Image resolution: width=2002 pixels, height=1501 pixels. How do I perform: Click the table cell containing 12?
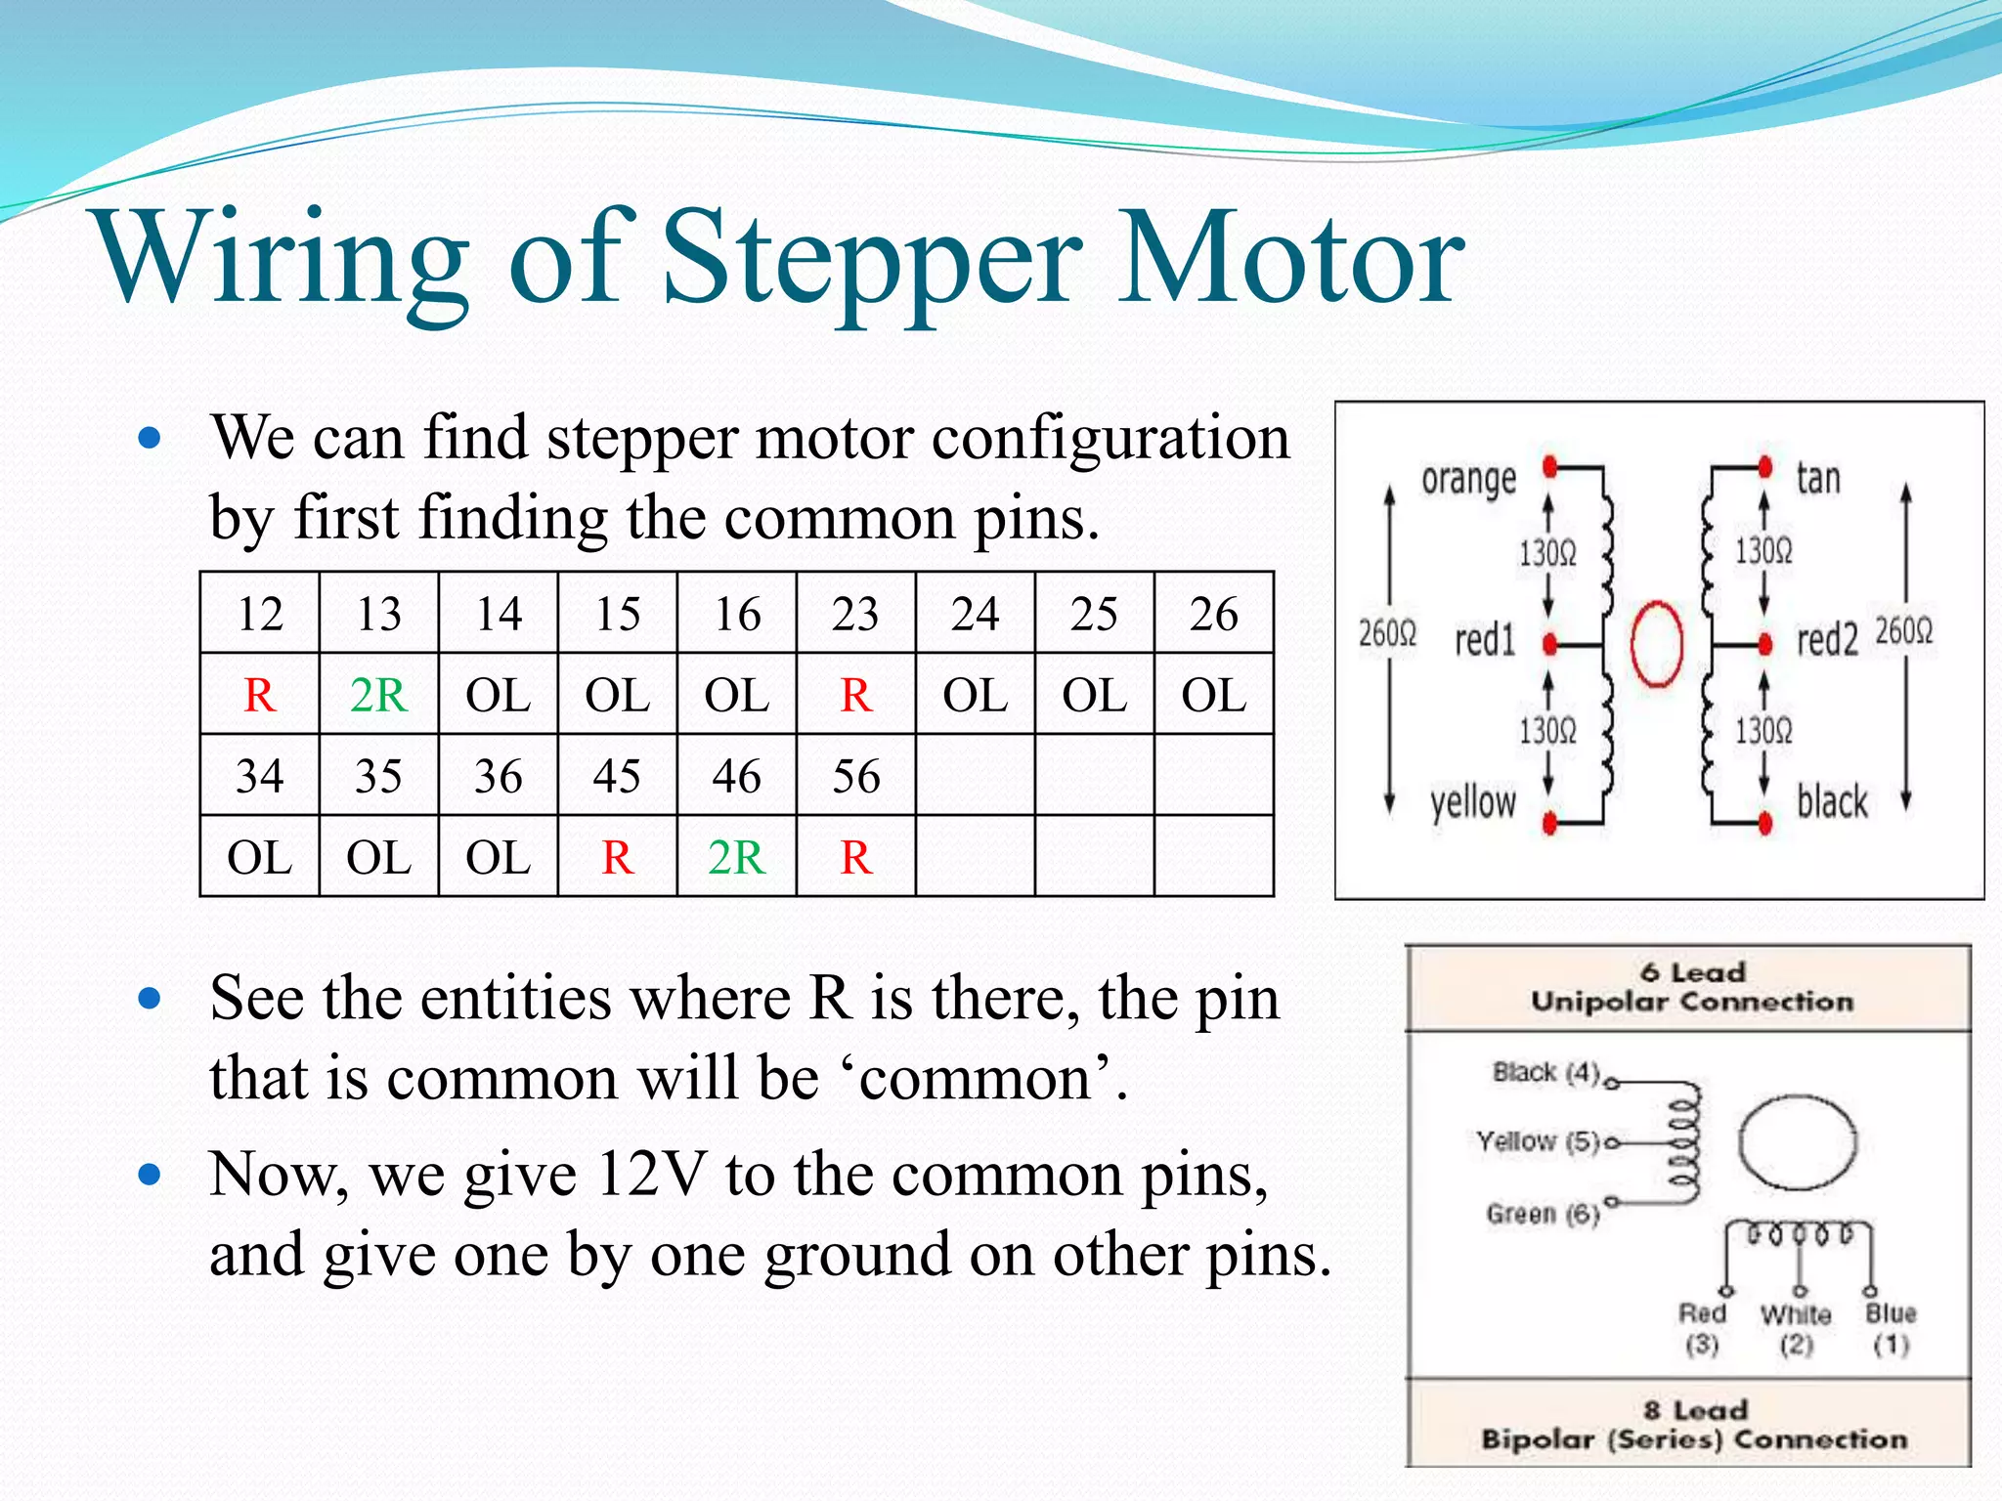(x=259, y=614)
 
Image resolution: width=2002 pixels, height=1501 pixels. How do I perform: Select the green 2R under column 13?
(x=378, y=695)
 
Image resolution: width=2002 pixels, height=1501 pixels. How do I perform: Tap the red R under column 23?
(x=855, y=695)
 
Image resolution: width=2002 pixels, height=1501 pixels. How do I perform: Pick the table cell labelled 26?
(x=1213, y=614)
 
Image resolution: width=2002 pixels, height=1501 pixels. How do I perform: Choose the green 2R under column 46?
(x=736, y=857)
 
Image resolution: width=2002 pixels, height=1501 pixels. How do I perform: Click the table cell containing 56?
(x=855, y=776)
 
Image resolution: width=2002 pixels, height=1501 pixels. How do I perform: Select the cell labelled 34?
(x=259, y=776)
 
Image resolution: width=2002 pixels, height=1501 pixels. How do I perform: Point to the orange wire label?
(x=1468, y=480)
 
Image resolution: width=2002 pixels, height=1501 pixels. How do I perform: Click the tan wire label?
(x=1818, y=478)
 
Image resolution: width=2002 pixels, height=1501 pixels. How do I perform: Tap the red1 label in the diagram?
(x=1485, y=641)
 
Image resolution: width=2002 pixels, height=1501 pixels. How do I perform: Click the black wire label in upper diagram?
(x=1832, y=801)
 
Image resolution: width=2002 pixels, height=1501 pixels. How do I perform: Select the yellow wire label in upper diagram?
(x=1472, y=803)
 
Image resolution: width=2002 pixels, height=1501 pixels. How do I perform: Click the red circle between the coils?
(x=1657, y=644)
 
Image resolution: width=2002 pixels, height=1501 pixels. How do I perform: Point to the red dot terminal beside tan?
(x=1764, y=467)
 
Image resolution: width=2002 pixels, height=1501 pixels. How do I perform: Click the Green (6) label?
(x=1543, y=1214)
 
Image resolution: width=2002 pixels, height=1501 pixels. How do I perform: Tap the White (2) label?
(x=1796, y=1328)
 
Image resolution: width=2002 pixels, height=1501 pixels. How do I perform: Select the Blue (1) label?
(x=1891, y=1328)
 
